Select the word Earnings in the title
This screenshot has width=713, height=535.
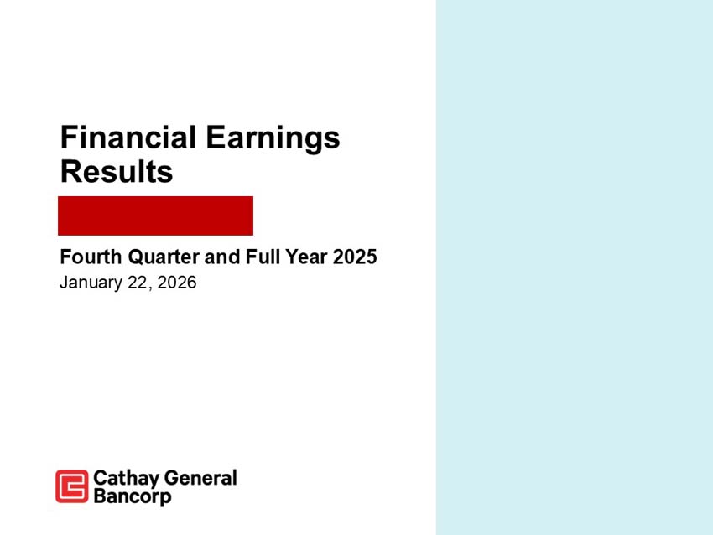273,138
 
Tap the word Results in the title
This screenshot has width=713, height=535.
117,172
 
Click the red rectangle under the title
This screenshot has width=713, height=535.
155,216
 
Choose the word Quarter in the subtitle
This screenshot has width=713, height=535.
161,257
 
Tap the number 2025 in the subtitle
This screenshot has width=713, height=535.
355,257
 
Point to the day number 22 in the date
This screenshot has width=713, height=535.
136,283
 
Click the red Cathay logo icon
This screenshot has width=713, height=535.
71,486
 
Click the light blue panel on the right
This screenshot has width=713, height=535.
574,267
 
